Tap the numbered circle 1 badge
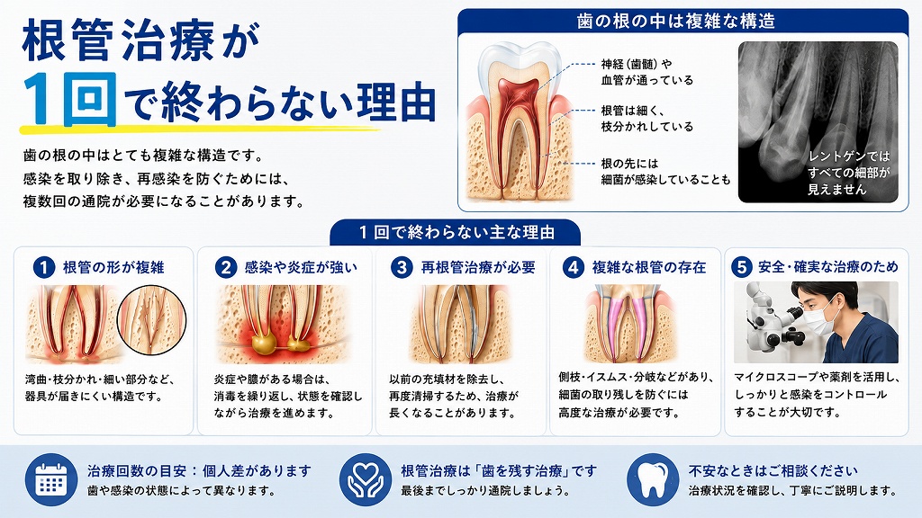pos(43,268)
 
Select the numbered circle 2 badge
pos(225,268)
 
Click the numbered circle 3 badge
pos(402,268)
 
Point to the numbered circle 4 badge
pos(573,268)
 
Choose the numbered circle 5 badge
pos(742,268)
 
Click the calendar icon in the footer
pos(51,480)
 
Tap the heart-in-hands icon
pos(366,480)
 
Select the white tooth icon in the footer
pos(653,480)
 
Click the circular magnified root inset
pos(151,321)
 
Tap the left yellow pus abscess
pos(262,343)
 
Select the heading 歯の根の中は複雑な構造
pos(675,22)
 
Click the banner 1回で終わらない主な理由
pos(456,233)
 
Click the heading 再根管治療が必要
pos(478,268)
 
